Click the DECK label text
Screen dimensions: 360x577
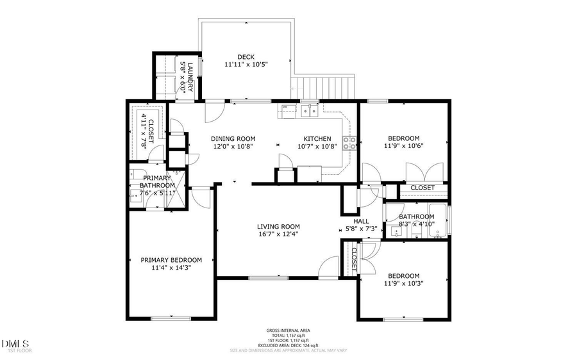(x=246, y=56)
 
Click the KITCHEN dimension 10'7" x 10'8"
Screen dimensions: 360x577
(x=317, y=146)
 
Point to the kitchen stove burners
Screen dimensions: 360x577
(x=350, y=143)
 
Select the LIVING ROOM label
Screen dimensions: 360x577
(x=278, y=226)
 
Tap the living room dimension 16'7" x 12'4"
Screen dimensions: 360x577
(x=278, y=234)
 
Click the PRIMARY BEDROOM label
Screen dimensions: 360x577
(x=171, y=260)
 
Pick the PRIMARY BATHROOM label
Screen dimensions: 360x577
(x=157, y=182)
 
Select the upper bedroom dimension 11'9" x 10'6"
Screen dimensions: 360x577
(x=404, y=146)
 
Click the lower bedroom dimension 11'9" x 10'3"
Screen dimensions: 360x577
(x=404, y=283)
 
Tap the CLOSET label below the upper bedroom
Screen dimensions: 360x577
(x=422, y=188)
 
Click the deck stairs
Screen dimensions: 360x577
(x=324, y=86)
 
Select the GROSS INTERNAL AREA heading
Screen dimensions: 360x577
(x=288, y=331)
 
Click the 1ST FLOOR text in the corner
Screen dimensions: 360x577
(x=19, y=350)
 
